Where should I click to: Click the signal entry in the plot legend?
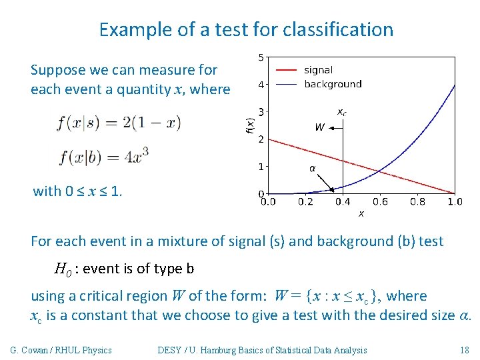(x=317, y=70)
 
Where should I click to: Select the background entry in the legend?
(x=332, y=84)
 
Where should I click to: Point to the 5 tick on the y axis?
(x=260, y=57)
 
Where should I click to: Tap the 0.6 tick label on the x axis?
(x=380, y=201)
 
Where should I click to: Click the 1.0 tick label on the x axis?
(x=455, y=201)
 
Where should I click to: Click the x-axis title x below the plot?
(x=361, y=213)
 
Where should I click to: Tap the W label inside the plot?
(x=319, y=127)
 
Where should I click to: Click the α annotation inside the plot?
(x=312, y=169)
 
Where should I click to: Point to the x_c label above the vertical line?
(x=341, y=111)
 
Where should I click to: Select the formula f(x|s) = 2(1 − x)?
(x=119, y=123)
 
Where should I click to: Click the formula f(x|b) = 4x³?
(x=103, y=157)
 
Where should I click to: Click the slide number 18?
(x=465, y=350)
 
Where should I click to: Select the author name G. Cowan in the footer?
(x=33, y=350)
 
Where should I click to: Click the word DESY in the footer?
(x=169, y=350)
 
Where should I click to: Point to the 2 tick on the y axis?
(x=260, y=139)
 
